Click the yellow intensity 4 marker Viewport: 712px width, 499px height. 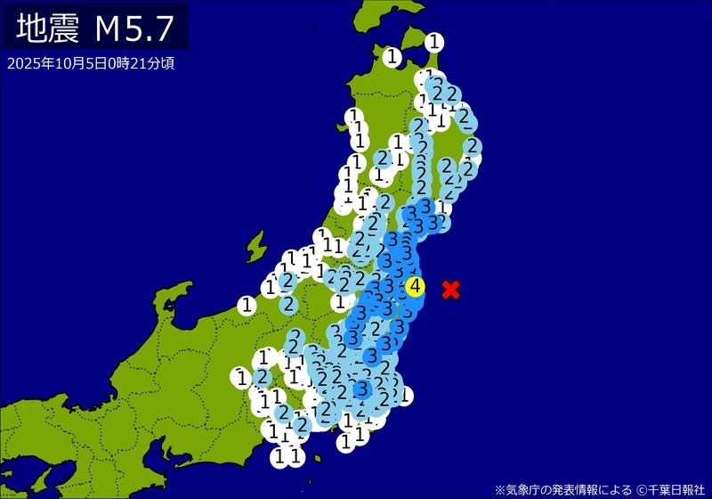[x=416, y=287]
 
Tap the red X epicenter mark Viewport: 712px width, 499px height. [x=451, y=289]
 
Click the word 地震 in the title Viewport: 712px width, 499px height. [x=50, y=29]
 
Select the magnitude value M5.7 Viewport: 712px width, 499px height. [x=134, y=29]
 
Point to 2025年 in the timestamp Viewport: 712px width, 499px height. [x=25, y=63]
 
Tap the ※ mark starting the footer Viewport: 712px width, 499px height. [x=499, y=488]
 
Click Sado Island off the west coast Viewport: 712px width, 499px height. [x=257, y=243]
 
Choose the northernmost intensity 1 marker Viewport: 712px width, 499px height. [x=434, y=41]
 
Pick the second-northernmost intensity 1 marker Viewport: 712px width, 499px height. [x=392, y=57]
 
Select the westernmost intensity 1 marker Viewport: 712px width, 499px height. [x=241, y=378]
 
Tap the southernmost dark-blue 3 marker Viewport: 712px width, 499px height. [x=361, y=389]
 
